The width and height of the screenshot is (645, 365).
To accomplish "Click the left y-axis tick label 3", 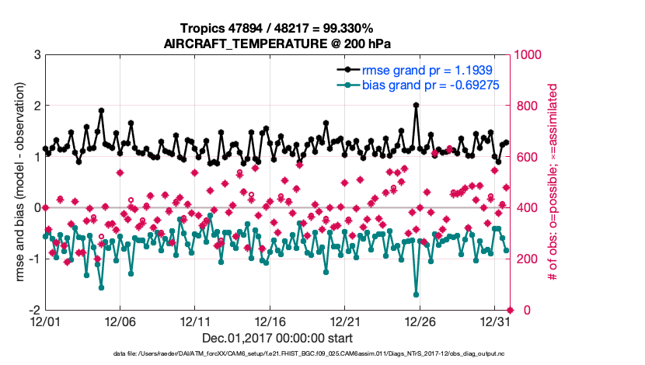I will [37, 54].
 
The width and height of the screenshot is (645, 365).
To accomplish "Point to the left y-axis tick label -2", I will [34, 310].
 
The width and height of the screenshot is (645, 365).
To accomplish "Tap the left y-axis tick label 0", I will [37, 207].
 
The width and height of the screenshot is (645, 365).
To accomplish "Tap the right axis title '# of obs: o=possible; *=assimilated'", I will [554, 182].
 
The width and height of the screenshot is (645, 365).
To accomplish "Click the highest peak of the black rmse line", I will [417, 106].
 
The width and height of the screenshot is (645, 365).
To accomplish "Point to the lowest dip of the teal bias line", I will [417, 294].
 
